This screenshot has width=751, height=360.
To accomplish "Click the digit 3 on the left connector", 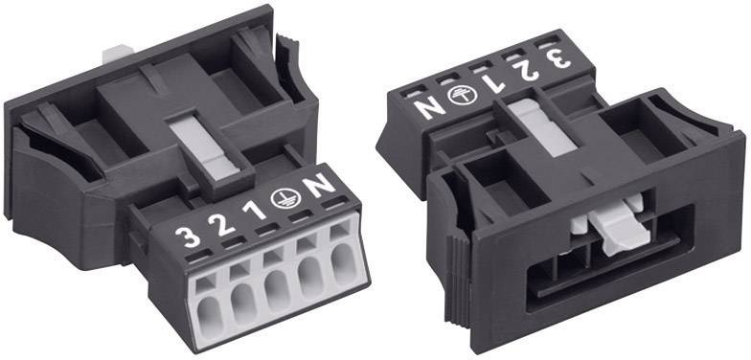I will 192,234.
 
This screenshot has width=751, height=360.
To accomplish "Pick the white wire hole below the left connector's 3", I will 209,299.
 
